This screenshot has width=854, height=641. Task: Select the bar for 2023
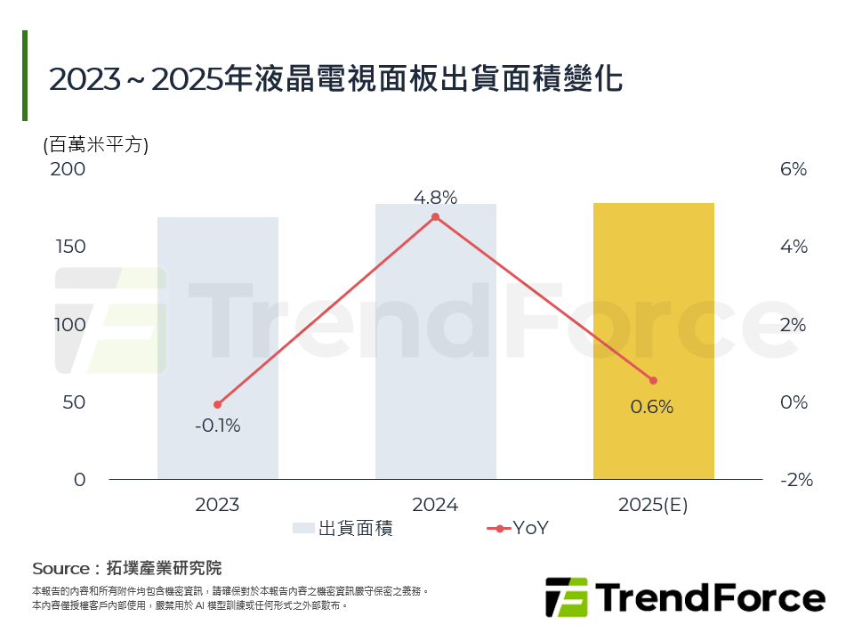(x=218, y=348)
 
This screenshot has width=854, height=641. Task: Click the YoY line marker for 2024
(x=435, y=217)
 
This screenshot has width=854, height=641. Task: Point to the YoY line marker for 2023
(x=218, y=404)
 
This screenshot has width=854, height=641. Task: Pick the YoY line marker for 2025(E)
(x=653, y=380)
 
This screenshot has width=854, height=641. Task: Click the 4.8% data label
(x=435, y=198)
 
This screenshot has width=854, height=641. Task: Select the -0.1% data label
(x=218, y=426)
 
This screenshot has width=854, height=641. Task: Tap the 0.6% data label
(x=652, y=408)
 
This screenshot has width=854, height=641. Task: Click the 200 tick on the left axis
(x=68, y=169)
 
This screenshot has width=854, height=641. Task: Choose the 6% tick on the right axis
(x=794, y=169)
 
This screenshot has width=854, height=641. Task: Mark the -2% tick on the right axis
(x=796, y=480)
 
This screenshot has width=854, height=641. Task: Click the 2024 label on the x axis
(x=435, y=506)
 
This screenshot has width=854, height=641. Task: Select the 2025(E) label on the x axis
(x=653, y=506)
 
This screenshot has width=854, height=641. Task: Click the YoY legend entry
(x=518, y=528)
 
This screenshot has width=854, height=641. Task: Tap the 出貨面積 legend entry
(x=342, y=528)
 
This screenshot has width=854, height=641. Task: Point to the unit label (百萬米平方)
(x=96, y=144)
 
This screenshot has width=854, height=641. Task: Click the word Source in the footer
(x=60, y=569)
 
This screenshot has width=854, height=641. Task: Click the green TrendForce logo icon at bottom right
(x=567, y=596)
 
